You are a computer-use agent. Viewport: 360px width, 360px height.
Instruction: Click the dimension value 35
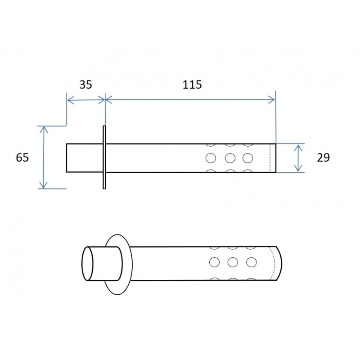[x=85, y=85]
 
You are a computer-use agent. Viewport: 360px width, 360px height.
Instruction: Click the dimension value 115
[x=193, y=85]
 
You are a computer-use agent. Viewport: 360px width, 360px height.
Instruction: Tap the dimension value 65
[x=22, y=157]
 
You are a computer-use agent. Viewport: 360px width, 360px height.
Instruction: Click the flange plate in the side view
[x=104, y=157]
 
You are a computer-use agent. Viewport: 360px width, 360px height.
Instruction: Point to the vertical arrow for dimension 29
[x=298, y=157]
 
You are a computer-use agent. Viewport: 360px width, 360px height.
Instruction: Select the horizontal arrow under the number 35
[x=85, y=99]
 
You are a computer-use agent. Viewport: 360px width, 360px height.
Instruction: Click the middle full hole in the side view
[x=230, y=158]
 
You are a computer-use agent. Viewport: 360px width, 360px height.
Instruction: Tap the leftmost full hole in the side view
[x=211, y=158]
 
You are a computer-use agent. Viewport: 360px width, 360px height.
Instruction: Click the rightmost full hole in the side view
[x=247, y=158]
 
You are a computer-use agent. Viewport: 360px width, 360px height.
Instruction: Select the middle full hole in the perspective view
[x=233, y=261]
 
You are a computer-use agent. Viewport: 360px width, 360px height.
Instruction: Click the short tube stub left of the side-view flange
[x=84, y=157]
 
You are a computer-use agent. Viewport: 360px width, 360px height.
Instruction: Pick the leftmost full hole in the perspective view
[x=215, y=262]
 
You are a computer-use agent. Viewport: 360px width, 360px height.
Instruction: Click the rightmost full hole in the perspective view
[x=251, y=261]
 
